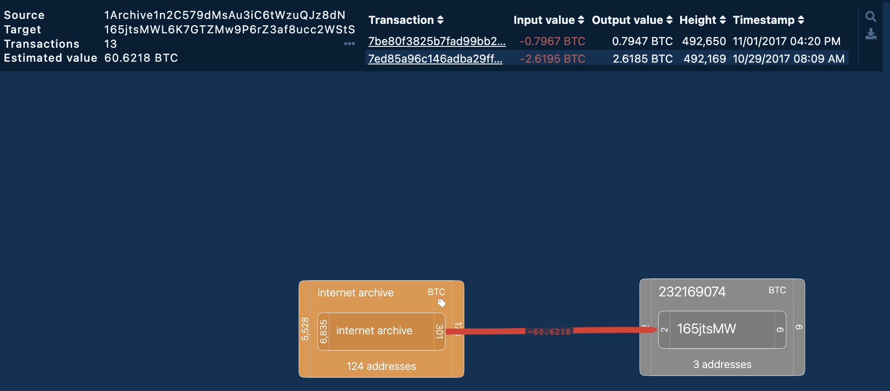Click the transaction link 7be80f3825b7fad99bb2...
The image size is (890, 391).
(436, 41)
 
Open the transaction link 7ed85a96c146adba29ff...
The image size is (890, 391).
(435, 59)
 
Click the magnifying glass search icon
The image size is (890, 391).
(871, 17)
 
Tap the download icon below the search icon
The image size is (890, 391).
(871, 34)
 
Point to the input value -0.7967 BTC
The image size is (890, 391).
(552, 41)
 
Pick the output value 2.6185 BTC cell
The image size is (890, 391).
(642, 59)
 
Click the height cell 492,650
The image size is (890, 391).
(704, 41)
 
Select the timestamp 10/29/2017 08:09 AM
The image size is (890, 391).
(788, 59)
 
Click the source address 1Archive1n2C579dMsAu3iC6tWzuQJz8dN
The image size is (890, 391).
(225, 15)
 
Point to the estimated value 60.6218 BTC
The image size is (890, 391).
(141, 58)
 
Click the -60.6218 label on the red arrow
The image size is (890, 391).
(549, 332)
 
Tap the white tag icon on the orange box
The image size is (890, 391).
(441, 303)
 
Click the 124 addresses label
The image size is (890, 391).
(381, 366)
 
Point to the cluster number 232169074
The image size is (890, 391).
(692, 292)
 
